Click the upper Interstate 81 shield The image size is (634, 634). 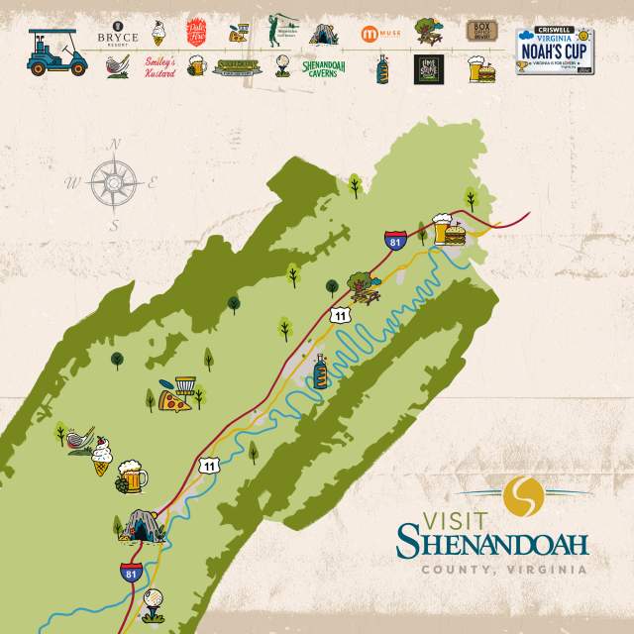[x=395, y=239]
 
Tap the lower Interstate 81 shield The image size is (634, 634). [x=130, y=572]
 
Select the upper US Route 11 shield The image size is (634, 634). [x=340, y=315]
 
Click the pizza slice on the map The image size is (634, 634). [x=174, y=400]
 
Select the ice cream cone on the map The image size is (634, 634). [x=103, y=459]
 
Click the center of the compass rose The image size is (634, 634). [x=116, y=183]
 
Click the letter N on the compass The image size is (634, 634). [x=115, y=144]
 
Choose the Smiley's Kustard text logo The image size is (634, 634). [x=159, y=68]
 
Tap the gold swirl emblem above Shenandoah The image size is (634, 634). [x=522, y=495]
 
